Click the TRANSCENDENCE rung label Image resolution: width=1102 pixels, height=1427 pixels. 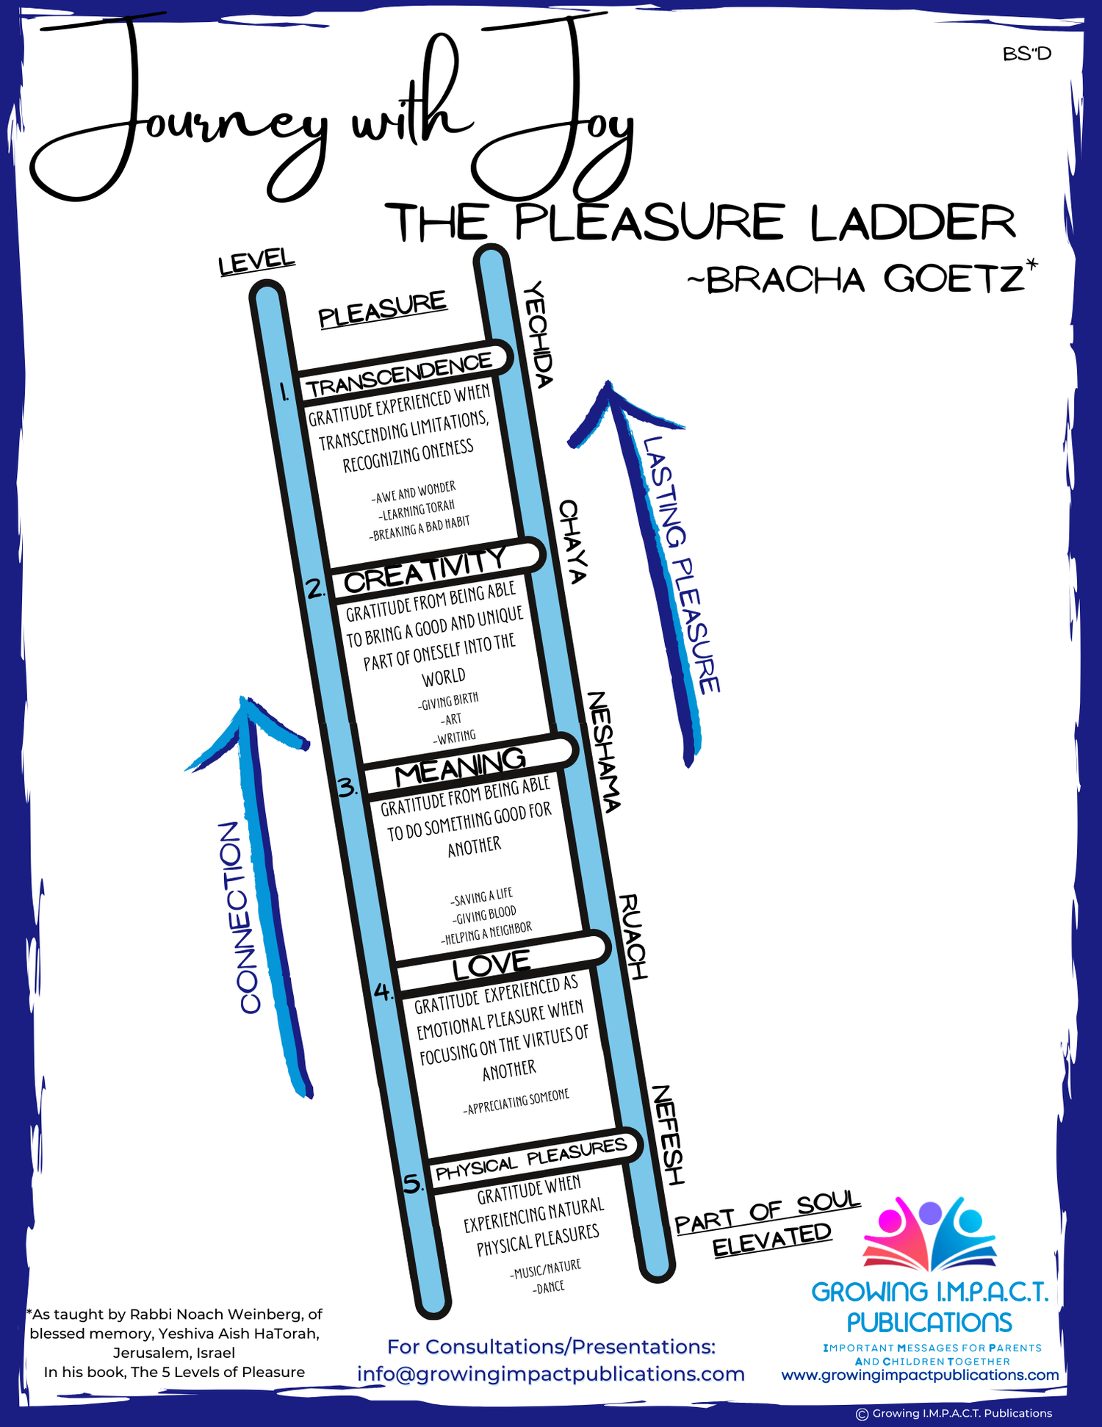pos(399,374)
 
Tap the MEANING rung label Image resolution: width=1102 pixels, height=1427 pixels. pos(460,766)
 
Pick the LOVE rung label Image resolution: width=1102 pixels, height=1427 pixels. pos(491,964)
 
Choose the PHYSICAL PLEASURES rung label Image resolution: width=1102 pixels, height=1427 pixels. pos(530,1159)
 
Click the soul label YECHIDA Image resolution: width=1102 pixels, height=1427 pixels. pos(537,334)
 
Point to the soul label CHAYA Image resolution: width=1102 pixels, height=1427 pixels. pos(572,542)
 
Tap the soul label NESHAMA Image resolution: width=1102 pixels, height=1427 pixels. pos(604,751)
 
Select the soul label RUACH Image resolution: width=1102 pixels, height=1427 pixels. pos(633,936)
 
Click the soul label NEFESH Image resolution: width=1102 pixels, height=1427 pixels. pos(668,1135)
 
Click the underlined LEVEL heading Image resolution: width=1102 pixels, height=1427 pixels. pos(256,262)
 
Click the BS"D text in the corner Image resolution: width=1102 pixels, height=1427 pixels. pos(1026,54)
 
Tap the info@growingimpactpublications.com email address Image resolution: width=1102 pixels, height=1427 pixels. pos(551,1373)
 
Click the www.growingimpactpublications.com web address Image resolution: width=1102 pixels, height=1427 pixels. pos(920,1374)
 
